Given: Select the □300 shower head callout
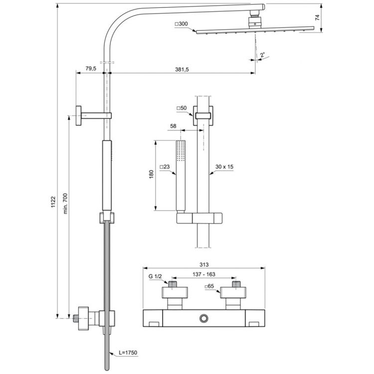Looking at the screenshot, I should click(x=182, y=24).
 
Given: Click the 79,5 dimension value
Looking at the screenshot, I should click(x=90, y=68).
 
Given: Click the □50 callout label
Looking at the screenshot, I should click(x=181, y=108).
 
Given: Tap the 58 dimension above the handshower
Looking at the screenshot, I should click(x=173, y=127).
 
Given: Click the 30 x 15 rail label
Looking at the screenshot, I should click(x=224, y=168).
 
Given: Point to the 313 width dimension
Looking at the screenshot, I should click(x=203, y=265).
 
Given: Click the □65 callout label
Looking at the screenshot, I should click(x=210, y=287).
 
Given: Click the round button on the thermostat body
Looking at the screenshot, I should click(x=203, y=318).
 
